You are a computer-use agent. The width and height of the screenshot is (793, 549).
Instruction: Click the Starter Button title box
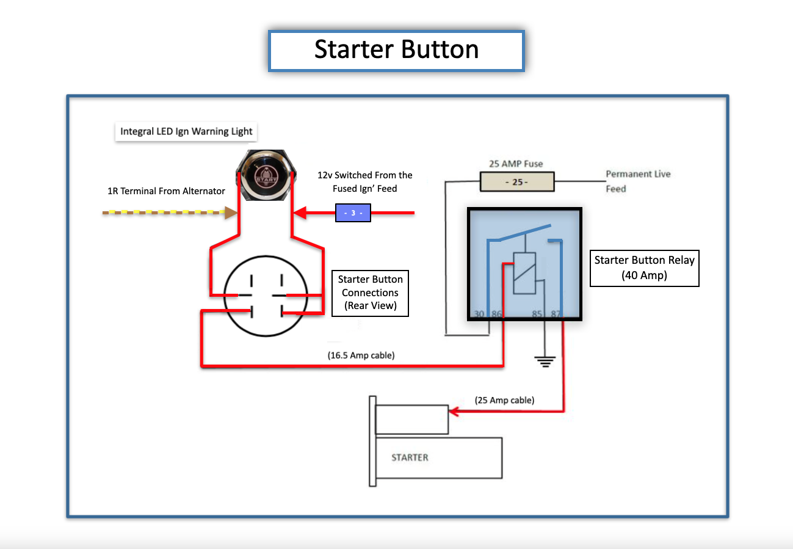coord(396,50)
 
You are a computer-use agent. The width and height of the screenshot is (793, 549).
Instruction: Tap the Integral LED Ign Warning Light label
coord(186,131)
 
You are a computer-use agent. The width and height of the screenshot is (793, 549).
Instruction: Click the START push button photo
coord(266,175)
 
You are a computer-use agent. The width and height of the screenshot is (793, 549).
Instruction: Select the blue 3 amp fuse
coord(353,213)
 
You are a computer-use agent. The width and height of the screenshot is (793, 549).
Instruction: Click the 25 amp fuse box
coord(517,182)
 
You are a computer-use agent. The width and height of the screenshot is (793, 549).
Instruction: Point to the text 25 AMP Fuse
coord(516,164)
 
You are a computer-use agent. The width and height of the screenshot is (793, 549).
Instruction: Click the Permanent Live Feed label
coord(637,181)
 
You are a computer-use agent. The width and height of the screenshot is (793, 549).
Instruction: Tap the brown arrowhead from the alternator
coord(231,213)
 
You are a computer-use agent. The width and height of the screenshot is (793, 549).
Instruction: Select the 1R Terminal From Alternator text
coord(166,191)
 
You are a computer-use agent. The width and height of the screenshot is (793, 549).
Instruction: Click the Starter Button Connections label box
coord(370,293)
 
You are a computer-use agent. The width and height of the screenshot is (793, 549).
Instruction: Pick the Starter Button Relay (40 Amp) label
coord(644,267)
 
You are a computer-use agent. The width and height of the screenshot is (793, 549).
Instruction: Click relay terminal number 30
coord(479,314)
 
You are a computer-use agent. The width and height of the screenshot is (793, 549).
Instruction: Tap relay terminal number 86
coord(496,314)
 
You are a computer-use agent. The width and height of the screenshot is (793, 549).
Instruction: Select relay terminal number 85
coord(537,314)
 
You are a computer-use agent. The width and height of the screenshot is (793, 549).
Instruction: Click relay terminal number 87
coord(556,314)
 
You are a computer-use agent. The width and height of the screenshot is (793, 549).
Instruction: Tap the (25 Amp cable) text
coord(504,401)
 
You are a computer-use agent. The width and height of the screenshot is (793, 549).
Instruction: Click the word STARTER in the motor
coord(410,457)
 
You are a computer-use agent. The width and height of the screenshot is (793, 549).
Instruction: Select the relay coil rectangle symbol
coord(524,273)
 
